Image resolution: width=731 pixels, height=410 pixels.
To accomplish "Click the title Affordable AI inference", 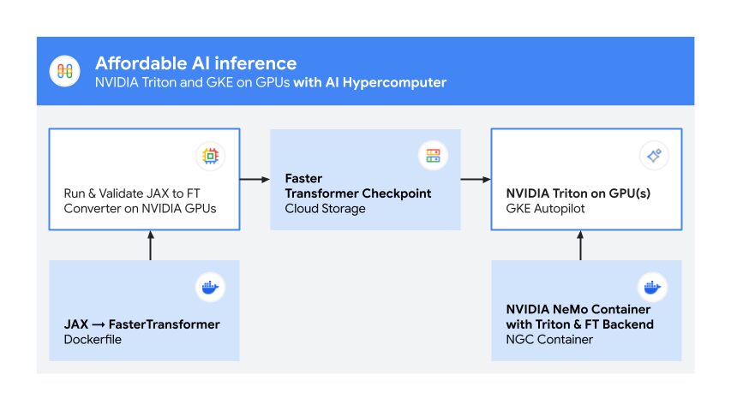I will [195, 63].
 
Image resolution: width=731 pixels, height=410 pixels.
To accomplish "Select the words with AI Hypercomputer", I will [369, 83].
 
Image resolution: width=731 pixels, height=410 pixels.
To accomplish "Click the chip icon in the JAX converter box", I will [210, 156].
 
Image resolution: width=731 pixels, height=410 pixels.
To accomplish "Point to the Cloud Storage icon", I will [432, 156].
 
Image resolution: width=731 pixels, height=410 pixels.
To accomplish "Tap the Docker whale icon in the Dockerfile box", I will [210, 287].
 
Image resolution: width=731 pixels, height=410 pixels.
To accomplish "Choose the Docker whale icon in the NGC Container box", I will [653, 287].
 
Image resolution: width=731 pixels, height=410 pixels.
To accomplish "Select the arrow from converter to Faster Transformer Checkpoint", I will [255, 180].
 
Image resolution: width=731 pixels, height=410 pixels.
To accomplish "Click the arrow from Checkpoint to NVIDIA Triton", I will [475, 180].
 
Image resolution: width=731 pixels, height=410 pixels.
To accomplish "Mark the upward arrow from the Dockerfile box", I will [151, 246].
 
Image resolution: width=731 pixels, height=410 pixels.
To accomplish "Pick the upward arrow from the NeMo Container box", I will [580, 246].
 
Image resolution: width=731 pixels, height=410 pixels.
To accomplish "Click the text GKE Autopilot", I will [544, 209].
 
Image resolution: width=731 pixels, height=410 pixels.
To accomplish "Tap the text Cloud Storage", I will [325, 209].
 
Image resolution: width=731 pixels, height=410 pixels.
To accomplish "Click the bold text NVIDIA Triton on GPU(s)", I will [578, 193].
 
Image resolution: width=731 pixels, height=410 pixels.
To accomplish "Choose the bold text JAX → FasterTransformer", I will [141, 324].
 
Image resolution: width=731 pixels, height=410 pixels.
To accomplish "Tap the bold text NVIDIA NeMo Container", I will [578, 309].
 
